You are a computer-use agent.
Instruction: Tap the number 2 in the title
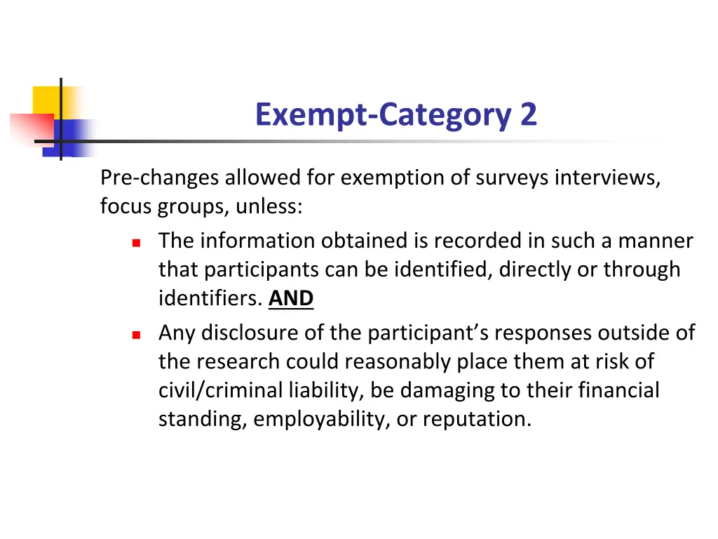pos(529,114)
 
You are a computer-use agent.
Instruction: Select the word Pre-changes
pos(160,178)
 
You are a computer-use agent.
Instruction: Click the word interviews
pos(607,178)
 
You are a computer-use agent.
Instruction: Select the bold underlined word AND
pos(291,299)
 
